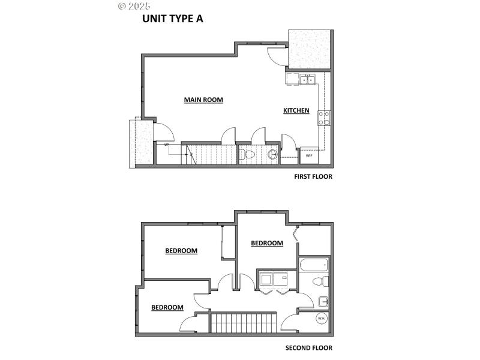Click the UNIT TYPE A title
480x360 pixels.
172,19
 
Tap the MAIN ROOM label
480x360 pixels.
203,100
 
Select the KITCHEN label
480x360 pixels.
296,110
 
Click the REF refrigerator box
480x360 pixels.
309,155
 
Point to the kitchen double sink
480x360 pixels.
308,79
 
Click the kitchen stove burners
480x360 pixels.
324,118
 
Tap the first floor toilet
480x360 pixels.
247,155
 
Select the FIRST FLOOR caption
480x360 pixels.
313,176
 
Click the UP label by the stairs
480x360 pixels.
166,145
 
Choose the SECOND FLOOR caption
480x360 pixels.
308,347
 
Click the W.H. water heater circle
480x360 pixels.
321,319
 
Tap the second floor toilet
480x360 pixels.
321,281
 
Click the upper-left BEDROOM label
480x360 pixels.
181,251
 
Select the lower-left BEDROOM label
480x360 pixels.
167,307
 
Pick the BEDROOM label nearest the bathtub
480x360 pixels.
266,243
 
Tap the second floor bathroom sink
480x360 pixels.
323,301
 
